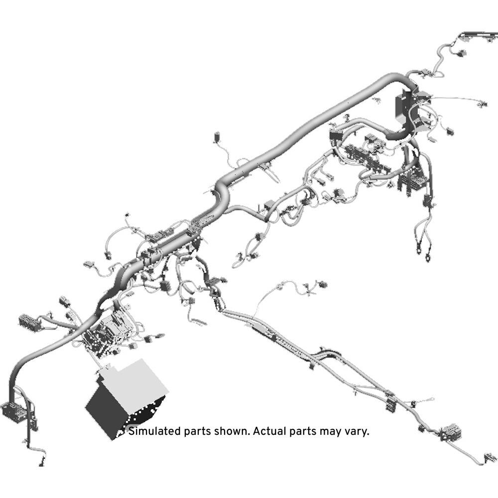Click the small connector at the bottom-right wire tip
[491, 458]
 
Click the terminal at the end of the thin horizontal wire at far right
[483, 104]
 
